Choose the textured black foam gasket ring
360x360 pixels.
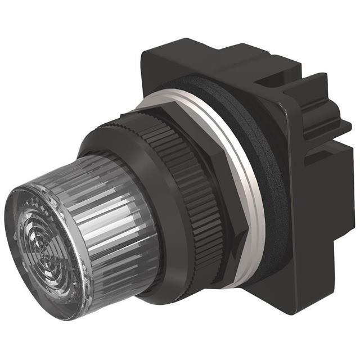click(264, 169)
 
